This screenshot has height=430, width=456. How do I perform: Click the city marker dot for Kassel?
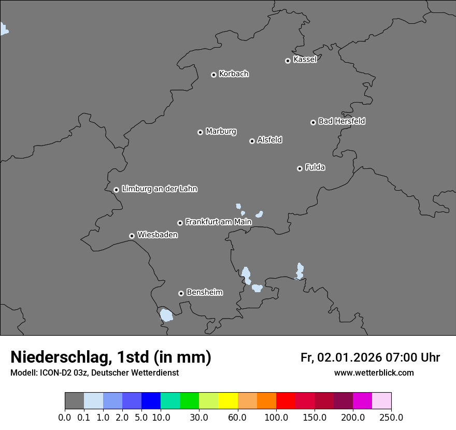(x=288, y=61)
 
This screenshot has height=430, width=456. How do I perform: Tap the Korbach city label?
(x=234, y=74)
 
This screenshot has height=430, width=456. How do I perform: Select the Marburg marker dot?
(x=200, y=132)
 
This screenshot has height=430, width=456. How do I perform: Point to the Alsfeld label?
(x=269, y=140)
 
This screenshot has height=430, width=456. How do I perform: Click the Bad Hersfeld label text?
(x=341, y=121)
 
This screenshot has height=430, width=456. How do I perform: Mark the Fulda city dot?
(x=300, y=168)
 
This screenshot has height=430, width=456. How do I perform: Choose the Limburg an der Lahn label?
(x=159, y=189)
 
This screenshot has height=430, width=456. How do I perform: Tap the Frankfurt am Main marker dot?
(x=180, y=223)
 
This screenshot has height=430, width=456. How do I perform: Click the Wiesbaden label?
(x=157, y=235)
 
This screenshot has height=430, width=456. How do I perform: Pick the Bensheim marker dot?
(x=181, y=293)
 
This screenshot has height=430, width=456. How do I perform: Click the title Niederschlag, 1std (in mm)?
(x=111, y=357)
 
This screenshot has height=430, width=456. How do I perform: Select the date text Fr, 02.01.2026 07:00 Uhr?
(x=370, y=357)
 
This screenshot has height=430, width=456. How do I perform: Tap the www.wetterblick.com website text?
(x=374, y=372)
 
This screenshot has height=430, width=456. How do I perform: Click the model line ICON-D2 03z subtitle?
(x=94, y=372)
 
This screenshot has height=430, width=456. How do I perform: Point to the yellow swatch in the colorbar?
(x=228, y=401)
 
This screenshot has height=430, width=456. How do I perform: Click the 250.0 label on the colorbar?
(x=391, y=417)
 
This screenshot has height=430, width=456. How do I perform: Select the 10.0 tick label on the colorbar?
(x=161, y=417)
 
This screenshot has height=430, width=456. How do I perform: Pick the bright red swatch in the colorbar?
(x=286, y=401)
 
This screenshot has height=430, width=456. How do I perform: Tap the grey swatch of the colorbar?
(x=74, y=401)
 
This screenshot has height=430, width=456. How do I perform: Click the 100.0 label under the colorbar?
(x=276, y=417)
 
